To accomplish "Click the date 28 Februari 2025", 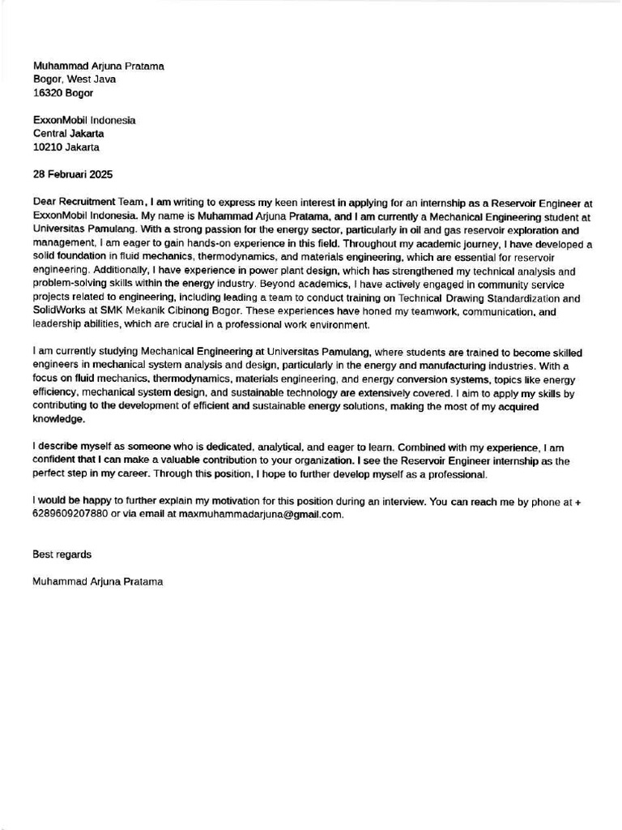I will click(73, 174).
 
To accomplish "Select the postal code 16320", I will click(48, 93).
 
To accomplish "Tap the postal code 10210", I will click(48, 148).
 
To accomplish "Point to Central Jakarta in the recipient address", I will click(68, 134).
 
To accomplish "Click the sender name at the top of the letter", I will click(98, 66).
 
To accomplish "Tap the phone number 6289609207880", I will click(70, 514).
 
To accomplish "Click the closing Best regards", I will click(62, 554).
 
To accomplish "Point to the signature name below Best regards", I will click(98, 582).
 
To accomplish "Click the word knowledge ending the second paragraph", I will click(58, 420).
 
